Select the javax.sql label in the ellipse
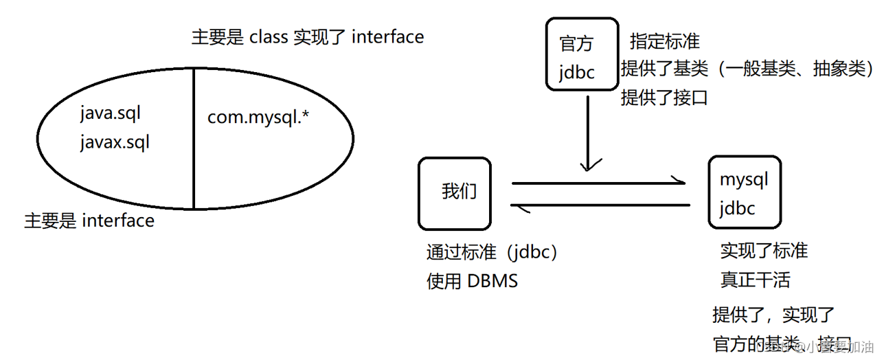(x=114, y=142)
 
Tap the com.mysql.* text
(x=258, y=117)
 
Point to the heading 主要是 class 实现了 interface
(x=307, y=36)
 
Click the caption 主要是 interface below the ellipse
(x=89, y=221)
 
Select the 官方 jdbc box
(x=581, y=54)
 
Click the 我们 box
(x=455, y=193)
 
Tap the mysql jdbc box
(x=744, y=193)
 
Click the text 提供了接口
(x=664, y=98)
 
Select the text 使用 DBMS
(x=472, y=281)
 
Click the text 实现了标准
(x=764, y=251)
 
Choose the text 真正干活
(x=755, y=280)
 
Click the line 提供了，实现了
(x=773, y=315)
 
